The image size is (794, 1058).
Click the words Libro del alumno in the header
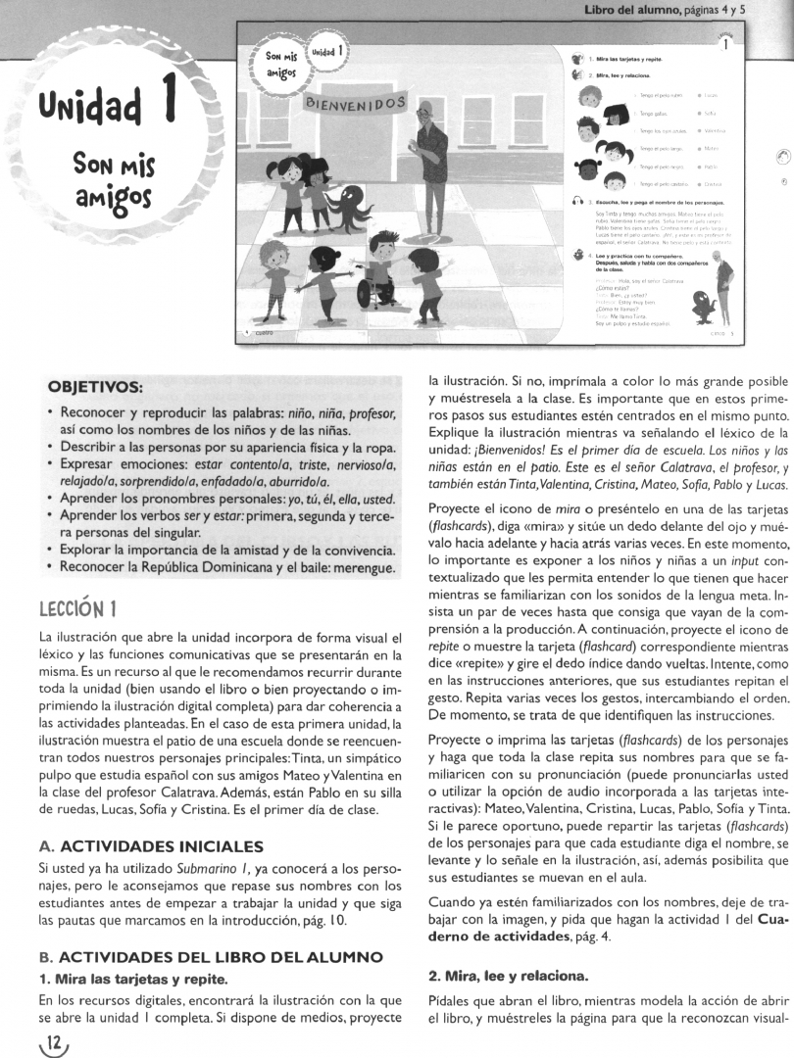(626, 10)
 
